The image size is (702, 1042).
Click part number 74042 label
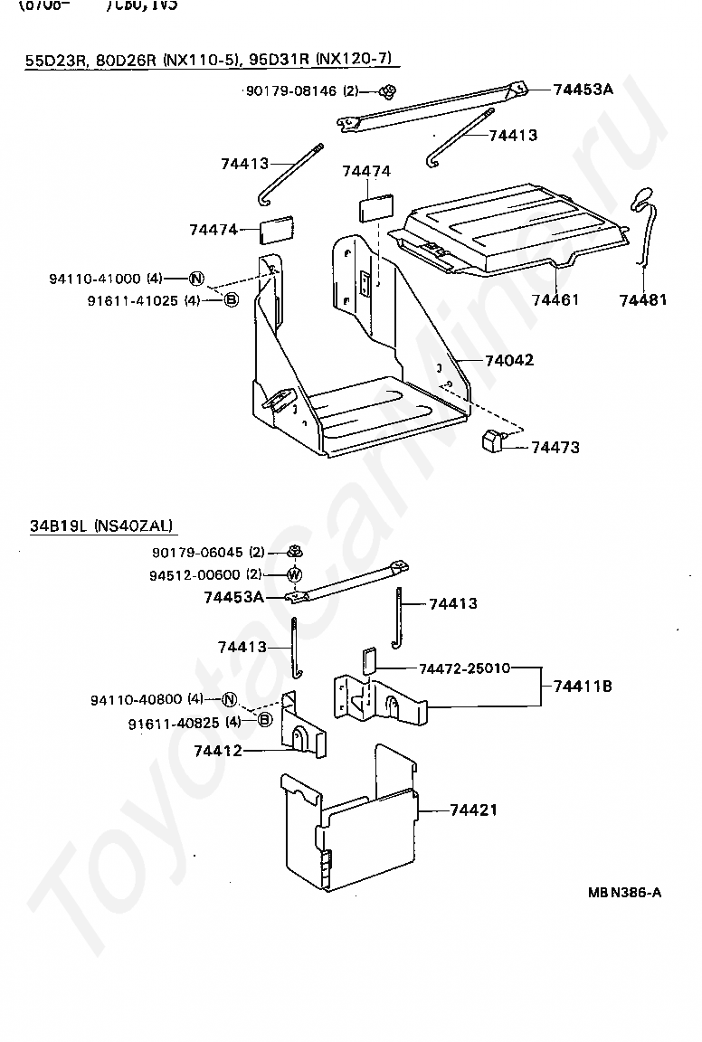(x=509, y=360)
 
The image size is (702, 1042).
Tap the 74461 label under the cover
(x=555, y=299)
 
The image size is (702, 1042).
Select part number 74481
(x=643, y=299)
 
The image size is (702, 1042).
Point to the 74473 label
(x=555, y=447)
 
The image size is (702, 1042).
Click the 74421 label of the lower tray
(x=474, y=810)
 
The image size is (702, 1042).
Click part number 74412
(x=218, y=750)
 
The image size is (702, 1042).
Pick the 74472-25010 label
(x=464, y=668)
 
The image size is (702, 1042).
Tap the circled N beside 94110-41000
(x=197, y=279)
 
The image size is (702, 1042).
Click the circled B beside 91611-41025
(x=231, y=299)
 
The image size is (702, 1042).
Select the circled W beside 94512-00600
(x=294, y=574)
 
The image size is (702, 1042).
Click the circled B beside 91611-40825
(x=264, y=720)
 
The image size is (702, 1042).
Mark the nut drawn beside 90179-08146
(x=389, y=90)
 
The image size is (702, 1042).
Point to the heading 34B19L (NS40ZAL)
(x=100, y=526)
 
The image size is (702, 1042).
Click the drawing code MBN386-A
(x=624, y=893)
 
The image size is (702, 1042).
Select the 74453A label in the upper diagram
(x=583, y=89)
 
